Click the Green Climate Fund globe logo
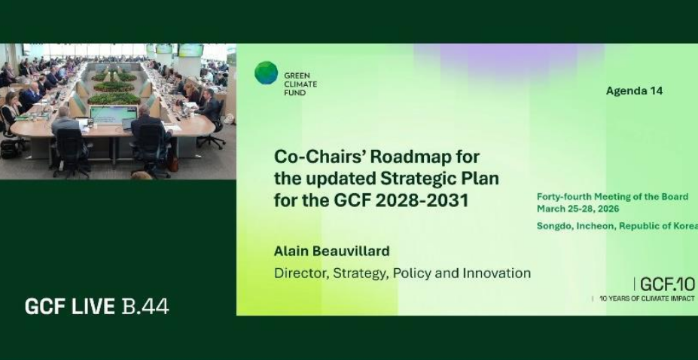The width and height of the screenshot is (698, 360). click(267, 73)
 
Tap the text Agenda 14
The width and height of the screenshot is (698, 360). click(634, 91)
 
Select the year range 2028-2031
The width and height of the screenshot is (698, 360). click(422, 200)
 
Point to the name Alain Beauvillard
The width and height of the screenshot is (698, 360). click(331, 251)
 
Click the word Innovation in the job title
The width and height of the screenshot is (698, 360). click(497, 273)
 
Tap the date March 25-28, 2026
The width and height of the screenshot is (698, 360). click(578, 209)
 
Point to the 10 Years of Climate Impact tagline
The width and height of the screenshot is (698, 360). click(647, 298)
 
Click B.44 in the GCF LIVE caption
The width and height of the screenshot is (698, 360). click(145, 307)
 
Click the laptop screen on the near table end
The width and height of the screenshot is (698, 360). click(114, 115)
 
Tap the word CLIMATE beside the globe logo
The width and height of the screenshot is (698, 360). click(300, 84)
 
